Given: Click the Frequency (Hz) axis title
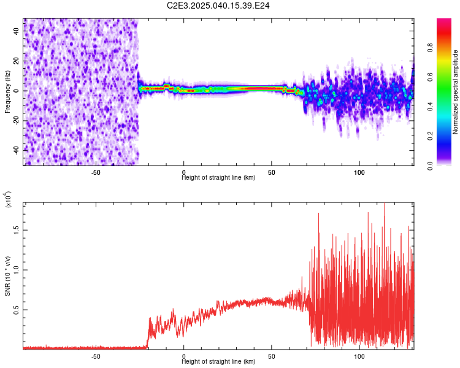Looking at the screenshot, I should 7,92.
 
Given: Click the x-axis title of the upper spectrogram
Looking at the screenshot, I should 218,178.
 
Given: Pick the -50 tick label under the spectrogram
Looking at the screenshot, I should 96,172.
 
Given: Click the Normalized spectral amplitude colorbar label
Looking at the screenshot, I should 456,92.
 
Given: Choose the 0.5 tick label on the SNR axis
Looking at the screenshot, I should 17,310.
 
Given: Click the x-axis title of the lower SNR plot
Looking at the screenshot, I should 218,361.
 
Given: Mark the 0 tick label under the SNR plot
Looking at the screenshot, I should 183,356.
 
